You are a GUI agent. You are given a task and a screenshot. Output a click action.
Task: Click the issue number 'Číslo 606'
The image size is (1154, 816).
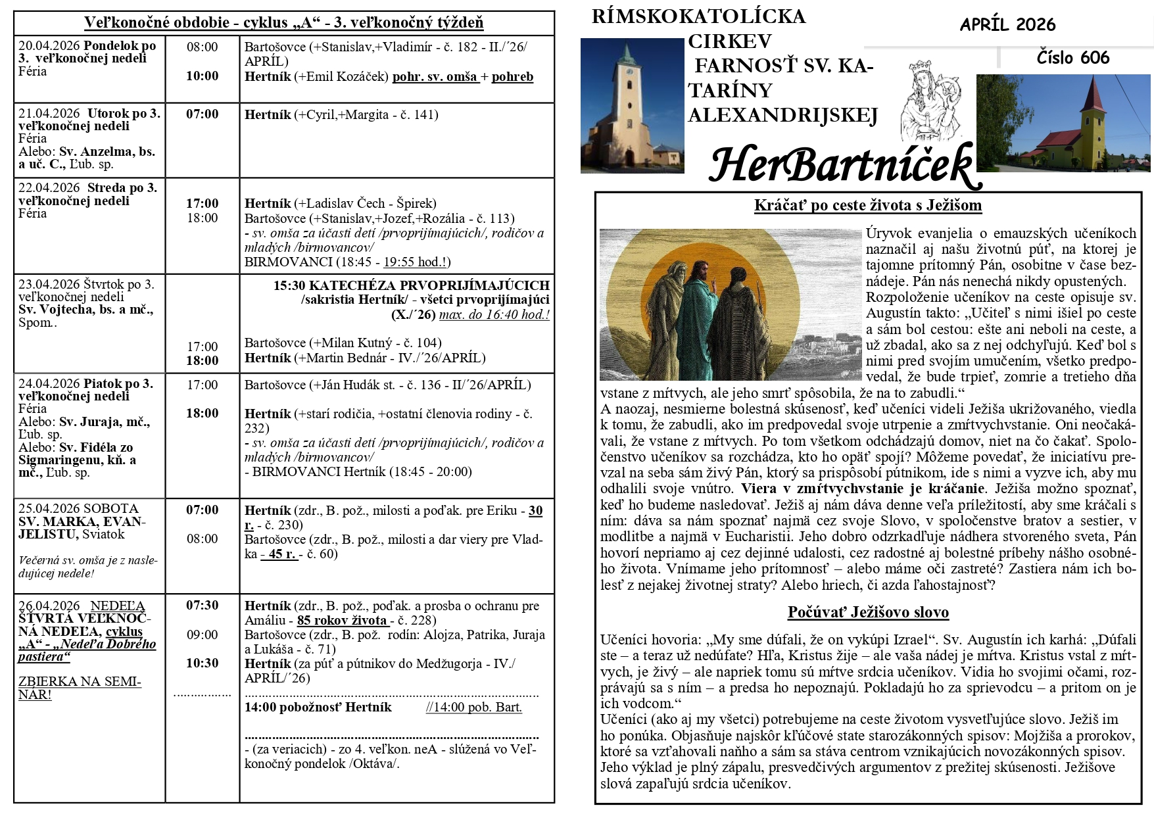pyautogui.click(x=1072, y=58)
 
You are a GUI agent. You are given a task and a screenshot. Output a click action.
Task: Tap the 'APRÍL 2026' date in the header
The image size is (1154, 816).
pyautogui.click(x=1007, y=25)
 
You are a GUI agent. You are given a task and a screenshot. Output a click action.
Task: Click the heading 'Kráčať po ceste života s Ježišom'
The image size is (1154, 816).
pyautogui.click(x=868, y=205)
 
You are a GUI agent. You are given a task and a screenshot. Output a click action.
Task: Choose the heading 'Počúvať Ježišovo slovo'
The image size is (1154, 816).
pyautogui.click(x=868, y=613)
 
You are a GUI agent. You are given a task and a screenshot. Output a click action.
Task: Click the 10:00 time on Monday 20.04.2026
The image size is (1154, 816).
pyautogui.click(x=202, y=76)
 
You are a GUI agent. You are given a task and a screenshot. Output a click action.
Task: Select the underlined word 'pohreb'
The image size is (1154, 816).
pyautogui.click(x=512, y=77)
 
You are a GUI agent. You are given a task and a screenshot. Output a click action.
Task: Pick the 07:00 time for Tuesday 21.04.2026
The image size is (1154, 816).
pyautogui.click(x=202, y=114)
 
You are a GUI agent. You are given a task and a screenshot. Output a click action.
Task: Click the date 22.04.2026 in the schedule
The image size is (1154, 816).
pyautogui.click(x=49, y=188)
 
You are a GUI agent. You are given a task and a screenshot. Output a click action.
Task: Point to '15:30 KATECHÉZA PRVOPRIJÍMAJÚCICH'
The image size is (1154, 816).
pyautogui.click(x=412, y=286)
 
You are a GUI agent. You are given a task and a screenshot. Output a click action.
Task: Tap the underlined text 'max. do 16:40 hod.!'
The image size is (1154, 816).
pyautogui.click(x=494, y=314)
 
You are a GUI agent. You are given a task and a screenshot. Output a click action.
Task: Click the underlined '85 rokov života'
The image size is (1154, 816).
pyautogui.click(x=343, y=620)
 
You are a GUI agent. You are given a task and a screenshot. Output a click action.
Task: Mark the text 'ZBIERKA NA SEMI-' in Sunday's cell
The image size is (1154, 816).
pyautogui.click(x=80, y=682)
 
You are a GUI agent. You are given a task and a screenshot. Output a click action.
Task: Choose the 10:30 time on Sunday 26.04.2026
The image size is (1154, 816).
pyautogui.click(x=202, y=663)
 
